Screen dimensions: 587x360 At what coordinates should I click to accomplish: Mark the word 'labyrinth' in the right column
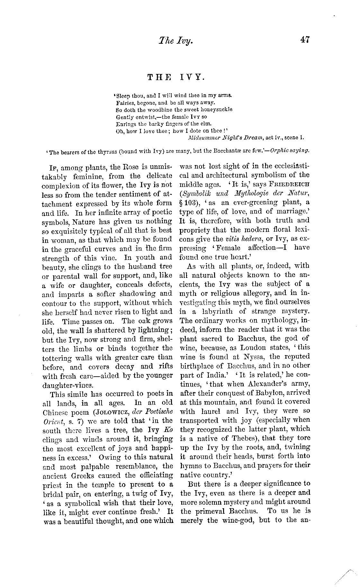pos(216,311)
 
